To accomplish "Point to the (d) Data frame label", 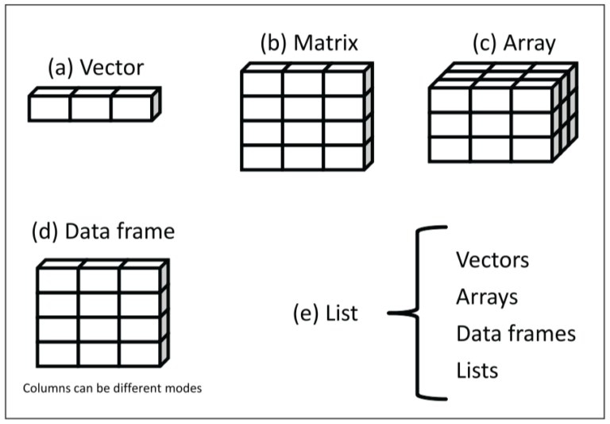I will tap(102, 231).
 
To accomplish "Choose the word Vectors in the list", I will tap(492, 259).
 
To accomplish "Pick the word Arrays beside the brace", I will tap(487, 297).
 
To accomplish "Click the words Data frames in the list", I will tap(515, 333).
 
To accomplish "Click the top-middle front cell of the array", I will tap(491, 99).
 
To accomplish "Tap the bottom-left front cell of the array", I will tap(450, 149).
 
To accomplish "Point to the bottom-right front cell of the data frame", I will tap(140, 354).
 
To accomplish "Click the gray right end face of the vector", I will tap(156, 103).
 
